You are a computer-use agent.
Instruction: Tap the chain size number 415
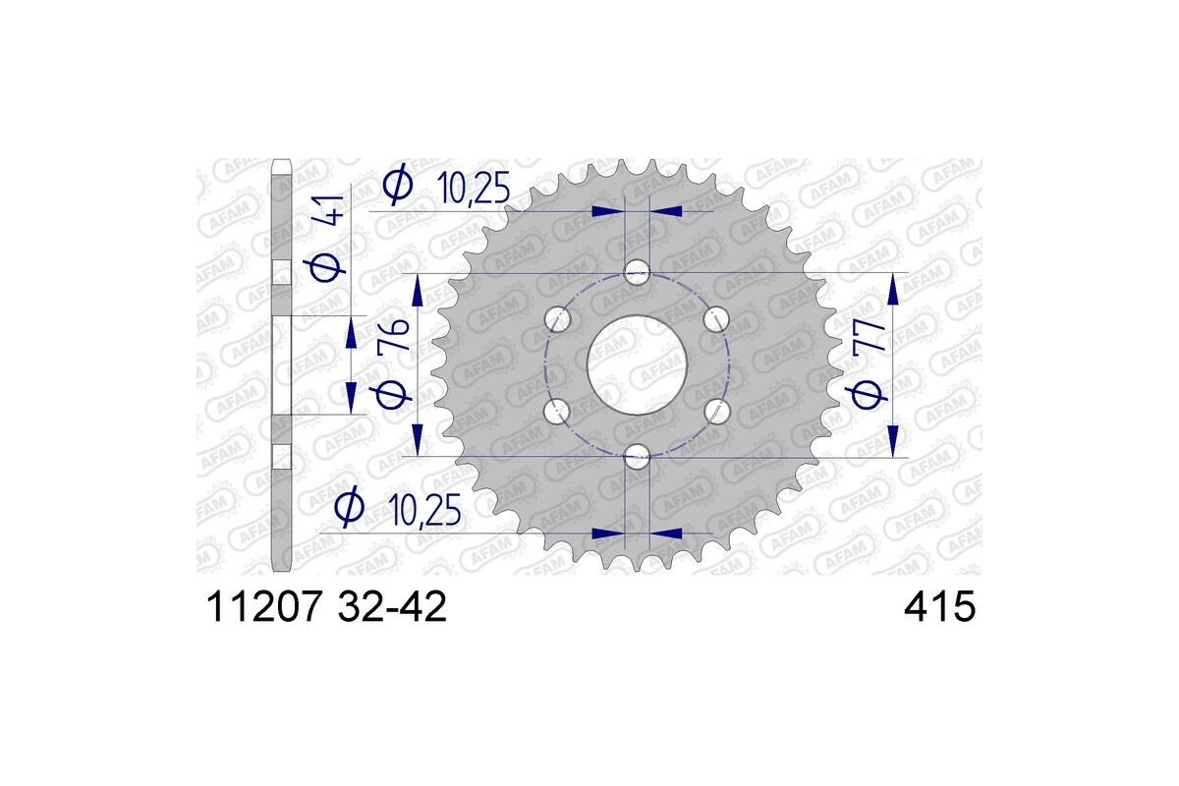click(939, 606)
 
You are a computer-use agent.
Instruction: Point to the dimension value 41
click(331, 210)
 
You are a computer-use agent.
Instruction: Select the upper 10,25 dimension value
click(475, 188)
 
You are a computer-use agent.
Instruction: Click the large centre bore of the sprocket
click(637, 365)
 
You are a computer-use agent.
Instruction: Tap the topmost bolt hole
click(638, 272)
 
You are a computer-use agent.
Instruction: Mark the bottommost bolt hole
click(638, 455)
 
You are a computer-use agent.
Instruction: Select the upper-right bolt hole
click(717, 318)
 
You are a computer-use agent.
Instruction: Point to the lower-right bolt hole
click(717, 411)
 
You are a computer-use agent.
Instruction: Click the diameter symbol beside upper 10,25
click(398, 186)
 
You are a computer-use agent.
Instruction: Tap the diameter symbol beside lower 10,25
click(349, 509)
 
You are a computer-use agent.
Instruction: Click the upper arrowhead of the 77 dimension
click(892, 289)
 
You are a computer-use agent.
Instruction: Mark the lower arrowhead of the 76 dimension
click(417, 439)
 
